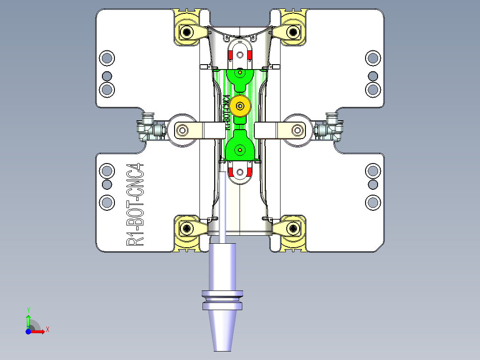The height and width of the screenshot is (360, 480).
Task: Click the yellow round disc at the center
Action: [x=240, y=106]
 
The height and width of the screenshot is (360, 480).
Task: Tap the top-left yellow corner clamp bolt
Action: [x=186, y=32]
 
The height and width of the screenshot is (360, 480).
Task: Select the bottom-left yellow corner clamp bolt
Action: [x=186, y=229]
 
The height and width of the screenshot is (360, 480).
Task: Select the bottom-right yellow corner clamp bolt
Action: [x=293, y=229]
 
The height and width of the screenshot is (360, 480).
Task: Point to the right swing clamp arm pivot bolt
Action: [x=297, y=130]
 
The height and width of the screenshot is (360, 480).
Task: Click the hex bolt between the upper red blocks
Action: [x=240, y=55]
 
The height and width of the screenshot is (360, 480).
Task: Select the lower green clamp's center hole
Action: [x=240, y=150]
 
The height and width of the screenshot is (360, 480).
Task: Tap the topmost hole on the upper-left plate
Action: [x=107, y=57]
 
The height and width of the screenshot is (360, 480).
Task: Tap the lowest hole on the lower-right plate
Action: [x=373, y=203]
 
